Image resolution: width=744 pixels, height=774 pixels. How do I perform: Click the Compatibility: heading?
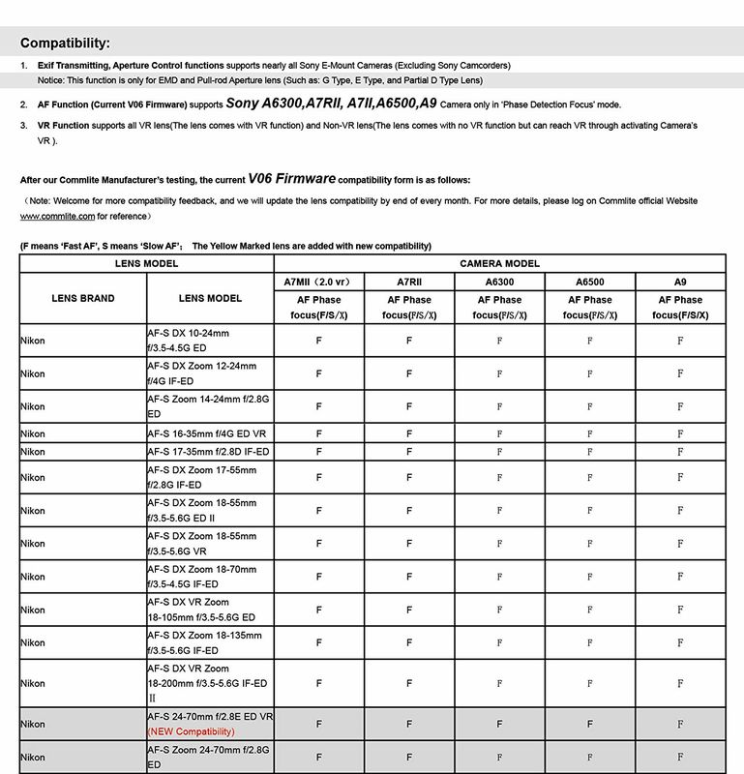point(65,43)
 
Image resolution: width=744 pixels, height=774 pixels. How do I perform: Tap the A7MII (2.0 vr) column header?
point(318,282)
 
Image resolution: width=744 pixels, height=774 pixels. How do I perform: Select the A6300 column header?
point(499,282)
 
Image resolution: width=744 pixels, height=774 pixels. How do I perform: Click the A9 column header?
point(680,282)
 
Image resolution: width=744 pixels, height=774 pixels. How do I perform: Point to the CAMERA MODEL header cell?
point(499,263)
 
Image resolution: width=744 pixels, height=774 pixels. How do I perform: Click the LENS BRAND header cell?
point(83,298)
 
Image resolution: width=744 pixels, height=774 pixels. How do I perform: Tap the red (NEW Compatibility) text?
point(191,731)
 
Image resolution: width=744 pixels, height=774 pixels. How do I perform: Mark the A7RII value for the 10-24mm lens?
point(409,341)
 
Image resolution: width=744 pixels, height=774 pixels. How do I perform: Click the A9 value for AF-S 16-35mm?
point(680,433)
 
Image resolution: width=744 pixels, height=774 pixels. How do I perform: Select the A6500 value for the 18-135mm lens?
point(590,642)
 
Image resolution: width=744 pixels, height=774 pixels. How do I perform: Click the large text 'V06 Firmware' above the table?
point(290,178)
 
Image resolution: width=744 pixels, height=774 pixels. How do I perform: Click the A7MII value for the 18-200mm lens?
point(318,683)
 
